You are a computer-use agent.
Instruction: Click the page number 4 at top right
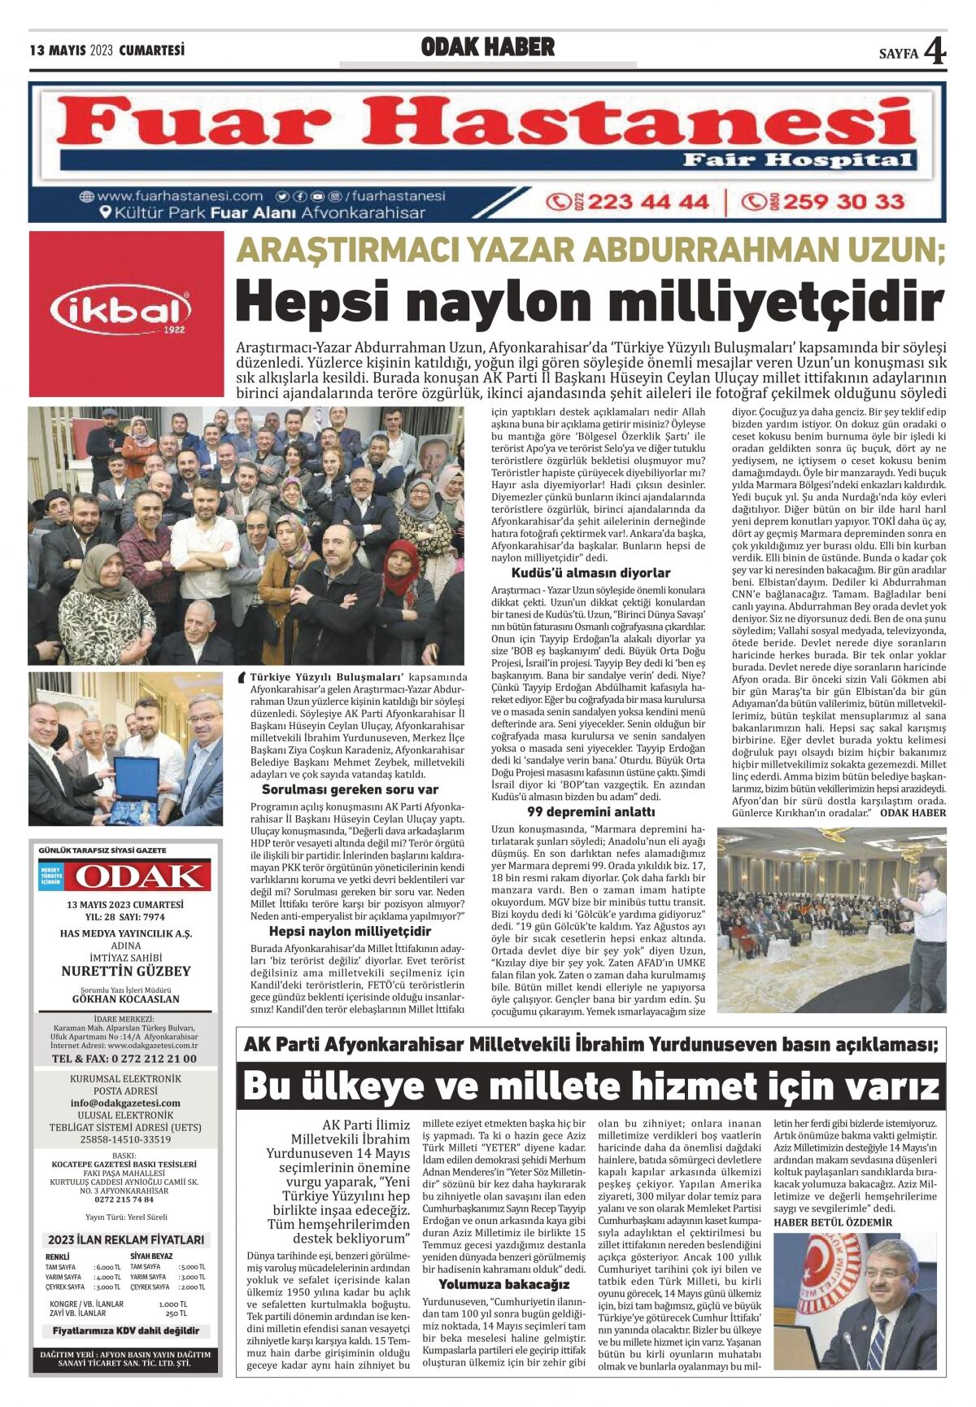point(935,52)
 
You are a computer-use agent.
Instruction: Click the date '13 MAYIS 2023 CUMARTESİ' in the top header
point(107,50)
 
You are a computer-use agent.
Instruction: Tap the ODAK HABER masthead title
point(488,48)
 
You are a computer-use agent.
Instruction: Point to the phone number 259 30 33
point(843,201)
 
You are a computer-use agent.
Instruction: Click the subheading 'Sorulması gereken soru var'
point(350,789)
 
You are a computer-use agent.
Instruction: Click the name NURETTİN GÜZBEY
point(125,971)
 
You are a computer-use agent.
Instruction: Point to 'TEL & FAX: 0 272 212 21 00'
point(124,1059)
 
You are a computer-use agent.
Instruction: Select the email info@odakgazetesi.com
point(125,1103)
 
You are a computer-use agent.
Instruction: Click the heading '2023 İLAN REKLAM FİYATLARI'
point(125,1239)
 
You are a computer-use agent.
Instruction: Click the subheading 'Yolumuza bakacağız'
point(504,1284)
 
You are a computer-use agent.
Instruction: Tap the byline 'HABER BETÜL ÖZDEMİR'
point(833,1222)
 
